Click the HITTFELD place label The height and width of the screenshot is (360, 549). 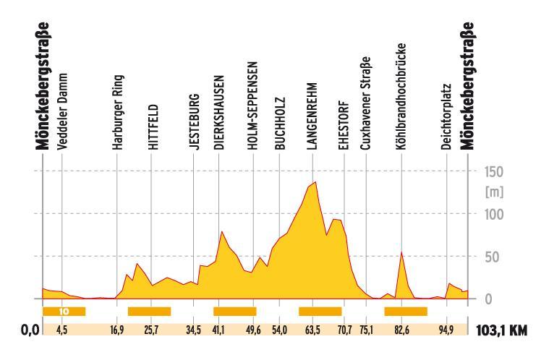point(153,128)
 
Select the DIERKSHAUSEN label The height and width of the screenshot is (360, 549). point(218,114)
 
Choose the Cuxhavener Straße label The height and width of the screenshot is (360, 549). point(366,104)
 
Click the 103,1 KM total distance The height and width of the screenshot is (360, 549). point(501,331)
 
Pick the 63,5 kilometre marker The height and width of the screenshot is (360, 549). point(312,331)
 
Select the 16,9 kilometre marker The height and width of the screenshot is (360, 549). point(116,331)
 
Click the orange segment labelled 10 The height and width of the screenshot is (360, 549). point(64,312)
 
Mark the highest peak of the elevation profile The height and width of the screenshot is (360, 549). point(315,182)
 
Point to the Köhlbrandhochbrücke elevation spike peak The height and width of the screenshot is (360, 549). point(401,252)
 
